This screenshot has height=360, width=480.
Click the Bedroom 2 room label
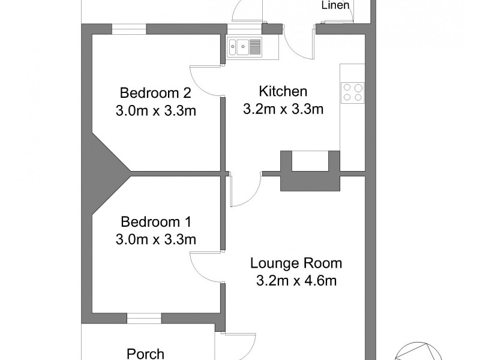155,93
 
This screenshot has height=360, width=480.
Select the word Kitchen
283,91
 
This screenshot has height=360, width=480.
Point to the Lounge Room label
296,263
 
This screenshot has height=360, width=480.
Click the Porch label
146,353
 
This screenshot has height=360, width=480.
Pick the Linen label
336,6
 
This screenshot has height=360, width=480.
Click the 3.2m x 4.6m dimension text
296,280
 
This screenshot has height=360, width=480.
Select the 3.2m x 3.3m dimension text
283,109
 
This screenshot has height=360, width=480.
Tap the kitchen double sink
244,46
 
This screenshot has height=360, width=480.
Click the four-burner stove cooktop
353,92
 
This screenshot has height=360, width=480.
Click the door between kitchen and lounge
245,189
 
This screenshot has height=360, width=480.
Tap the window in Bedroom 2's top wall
129,29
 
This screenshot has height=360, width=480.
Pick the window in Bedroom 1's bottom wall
143,318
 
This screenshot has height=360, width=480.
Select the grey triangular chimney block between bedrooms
108,174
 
